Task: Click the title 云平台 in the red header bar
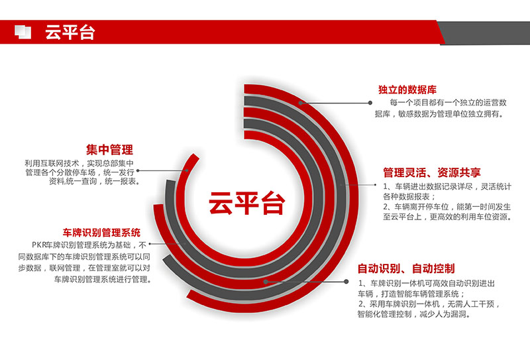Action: click(70, 32)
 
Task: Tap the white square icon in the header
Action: click(23, 32)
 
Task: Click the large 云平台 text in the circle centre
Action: click(247, 203)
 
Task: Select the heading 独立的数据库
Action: click(407, 90)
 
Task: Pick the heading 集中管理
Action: click(109, 150)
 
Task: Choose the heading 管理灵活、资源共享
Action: click(432, 172)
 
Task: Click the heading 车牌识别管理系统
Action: click(101, 233)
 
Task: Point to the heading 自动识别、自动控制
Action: click(406, 269)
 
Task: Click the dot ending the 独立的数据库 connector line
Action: click(370, 103)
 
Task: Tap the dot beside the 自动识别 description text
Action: click(346, 282)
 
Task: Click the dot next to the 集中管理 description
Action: click(138, 171)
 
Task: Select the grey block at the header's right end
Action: click(484, 33)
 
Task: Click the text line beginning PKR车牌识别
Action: click(89, 245)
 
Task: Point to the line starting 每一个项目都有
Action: click(448, 102)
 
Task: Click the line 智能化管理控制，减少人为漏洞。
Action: click(414, 314)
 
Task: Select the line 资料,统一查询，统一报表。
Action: click(94, 182)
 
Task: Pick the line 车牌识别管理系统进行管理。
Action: click(103, 279)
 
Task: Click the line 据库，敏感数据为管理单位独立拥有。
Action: click(439, 113)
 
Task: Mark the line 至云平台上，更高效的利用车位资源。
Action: click(447, 217)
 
